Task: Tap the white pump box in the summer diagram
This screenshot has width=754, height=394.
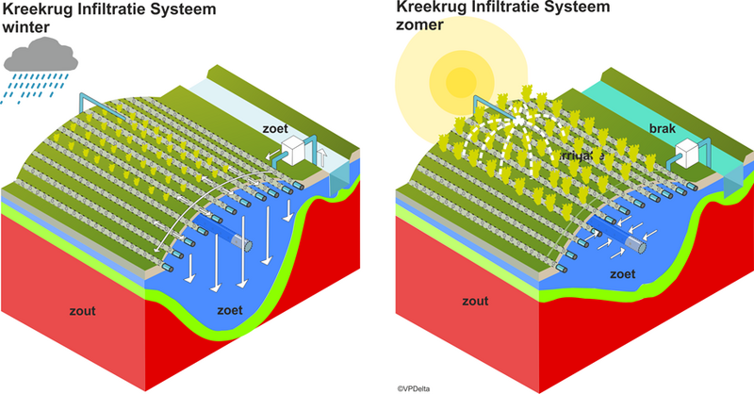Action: [693, 151]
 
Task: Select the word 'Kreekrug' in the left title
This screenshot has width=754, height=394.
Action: [38, 8]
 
